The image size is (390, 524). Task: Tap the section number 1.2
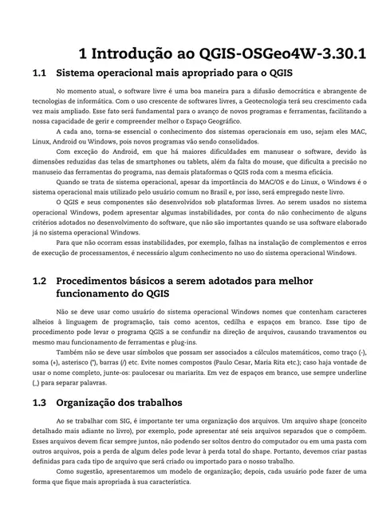(41, 282)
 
